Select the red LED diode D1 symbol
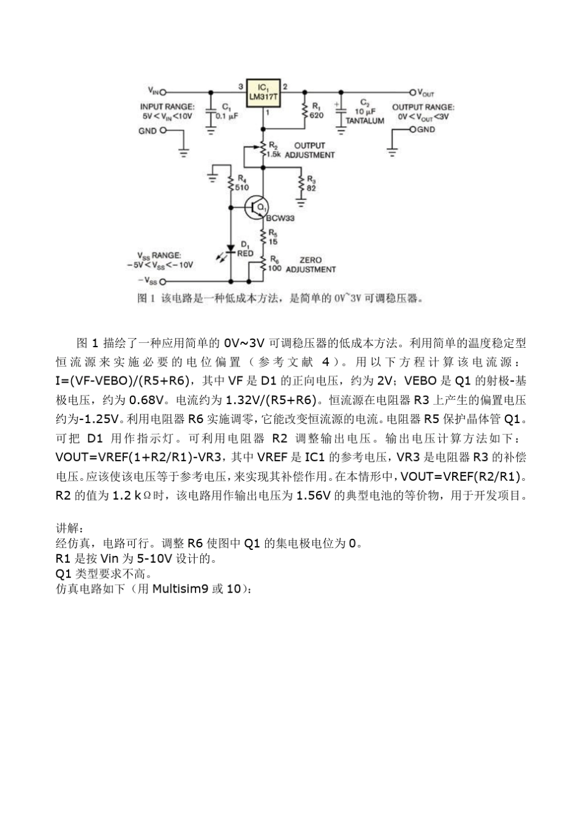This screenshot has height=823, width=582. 231,249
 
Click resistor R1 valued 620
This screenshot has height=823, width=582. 304,110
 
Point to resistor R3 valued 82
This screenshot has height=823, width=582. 300,183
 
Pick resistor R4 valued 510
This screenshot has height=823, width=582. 231,184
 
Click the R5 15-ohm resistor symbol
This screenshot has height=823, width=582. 263,237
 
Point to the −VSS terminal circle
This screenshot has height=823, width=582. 163,282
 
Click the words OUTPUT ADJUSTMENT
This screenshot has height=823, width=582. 309,151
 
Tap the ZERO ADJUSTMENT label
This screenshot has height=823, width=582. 311,265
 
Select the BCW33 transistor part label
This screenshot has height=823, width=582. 281,218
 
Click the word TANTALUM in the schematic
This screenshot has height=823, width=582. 365,121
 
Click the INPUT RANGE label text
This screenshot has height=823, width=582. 167,107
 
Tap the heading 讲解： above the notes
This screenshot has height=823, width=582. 68,528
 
